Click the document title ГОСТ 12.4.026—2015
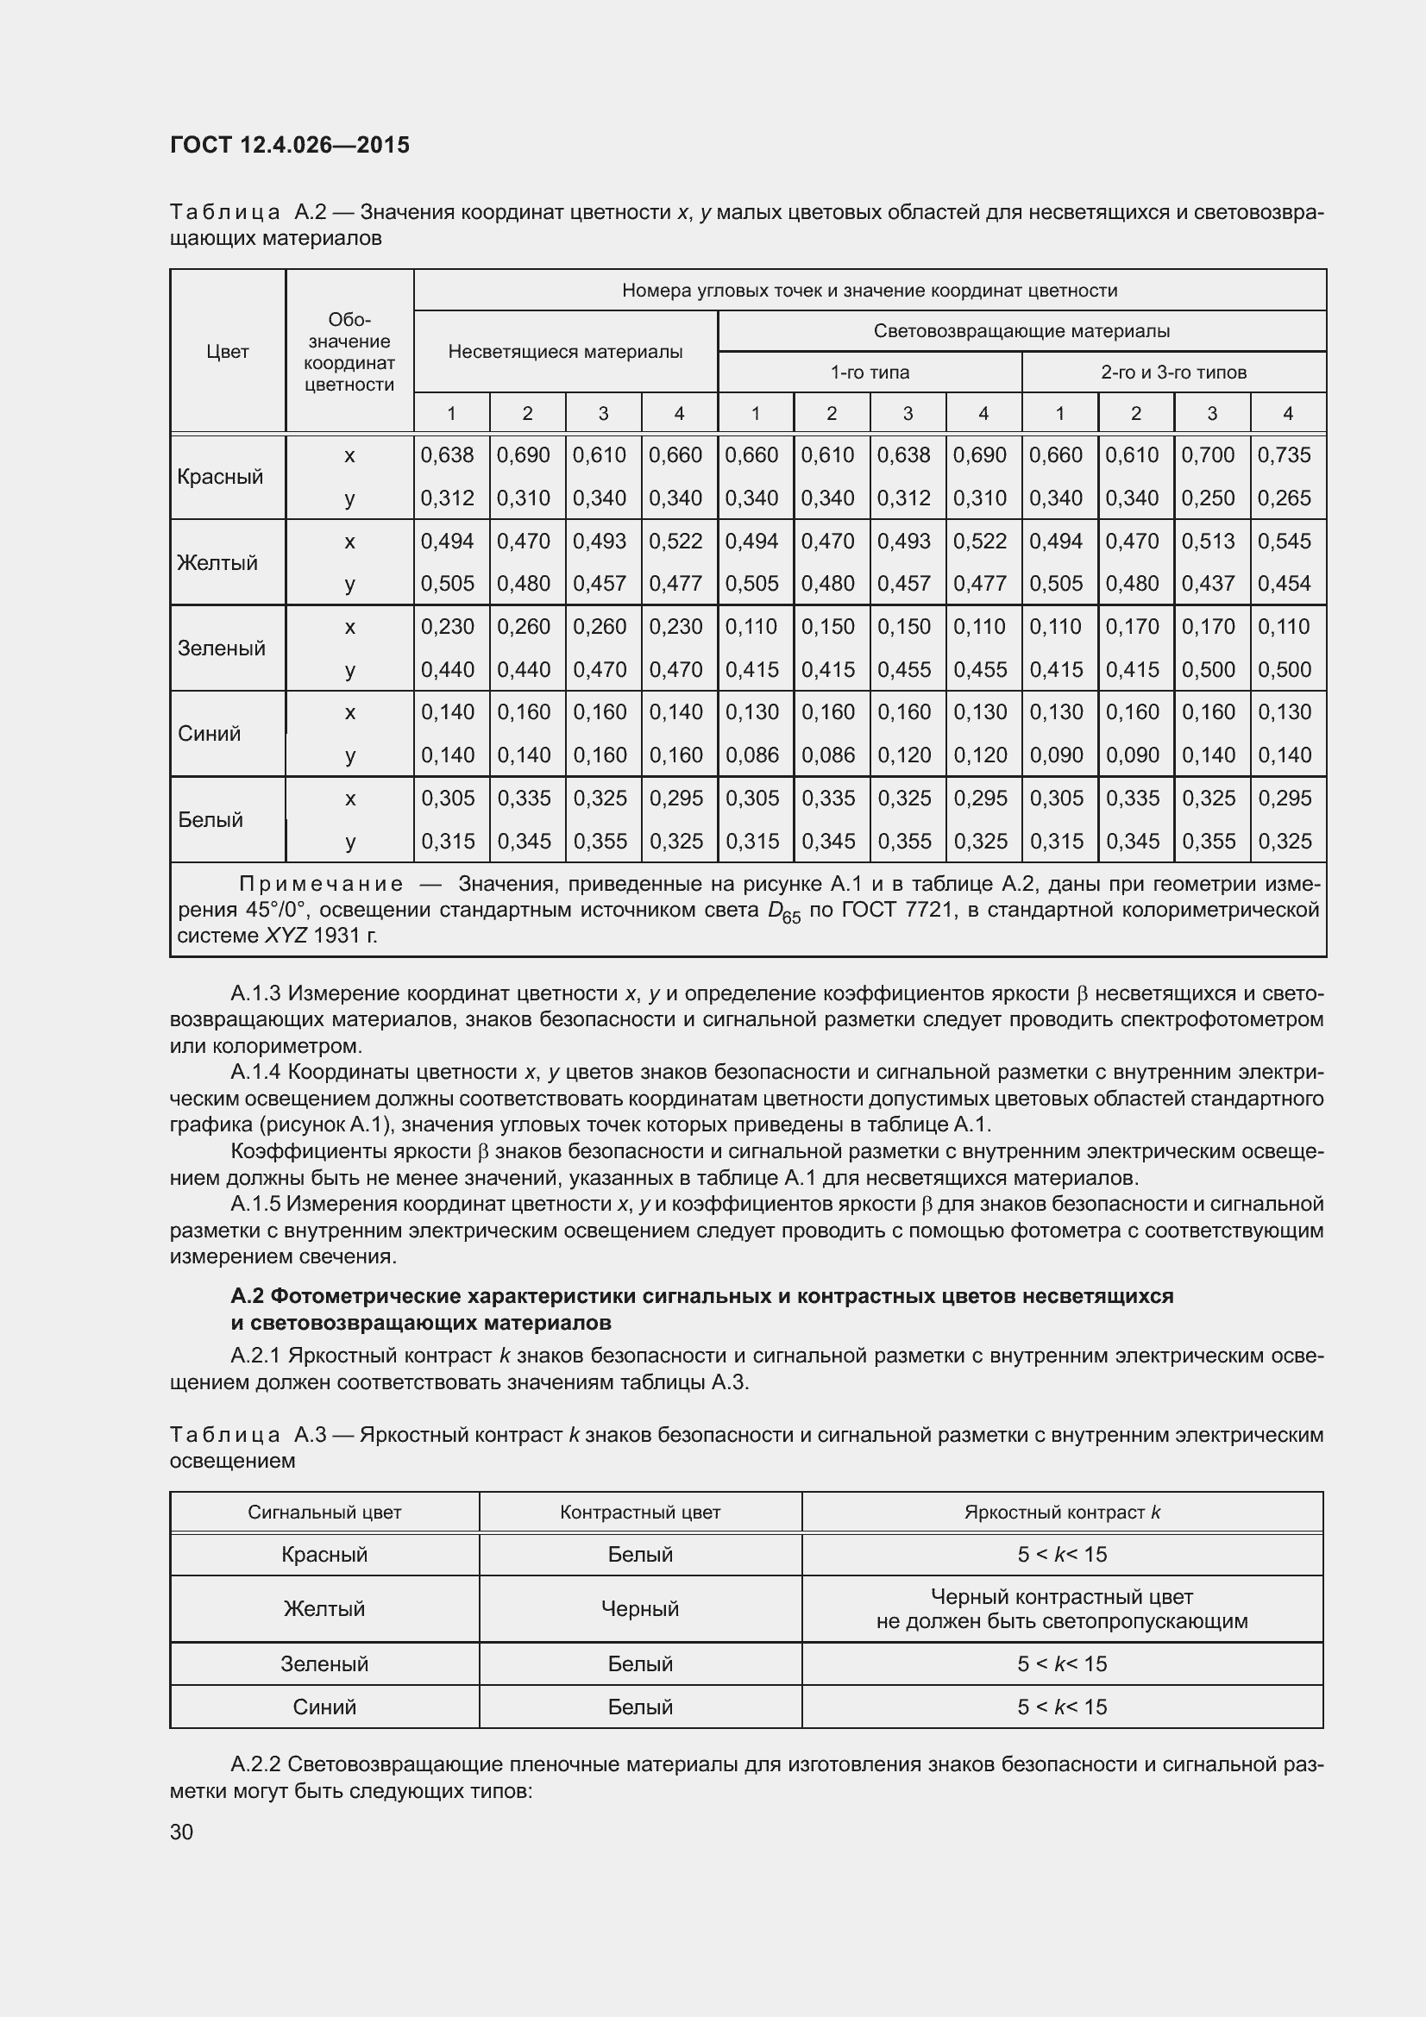(x=289, y=145)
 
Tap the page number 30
(x=181, y=1832)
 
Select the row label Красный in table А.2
(x=220, y=476)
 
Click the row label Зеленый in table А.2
(x=221, y=648)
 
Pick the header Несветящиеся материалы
(x=565, y=351)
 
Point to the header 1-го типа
(x=869, y=373)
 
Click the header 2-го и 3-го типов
(x=1173, y=373)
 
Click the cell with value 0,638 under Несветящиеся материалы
(x=447, y=455)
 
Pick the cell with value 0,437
(x=1208, y=583)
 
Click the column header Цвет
(x=228, y=351)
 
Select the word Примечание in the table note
(x=322, y=884)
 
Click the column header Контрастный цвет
(x=639, y=1512)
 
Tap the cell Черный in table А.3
(x=639, y=1608)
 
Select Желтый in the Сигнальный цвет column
(x=324, y=1608)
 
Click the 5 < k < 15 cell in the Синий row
(x=1061, y=1707)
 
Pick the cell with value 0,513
(x=1208, y=542)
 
